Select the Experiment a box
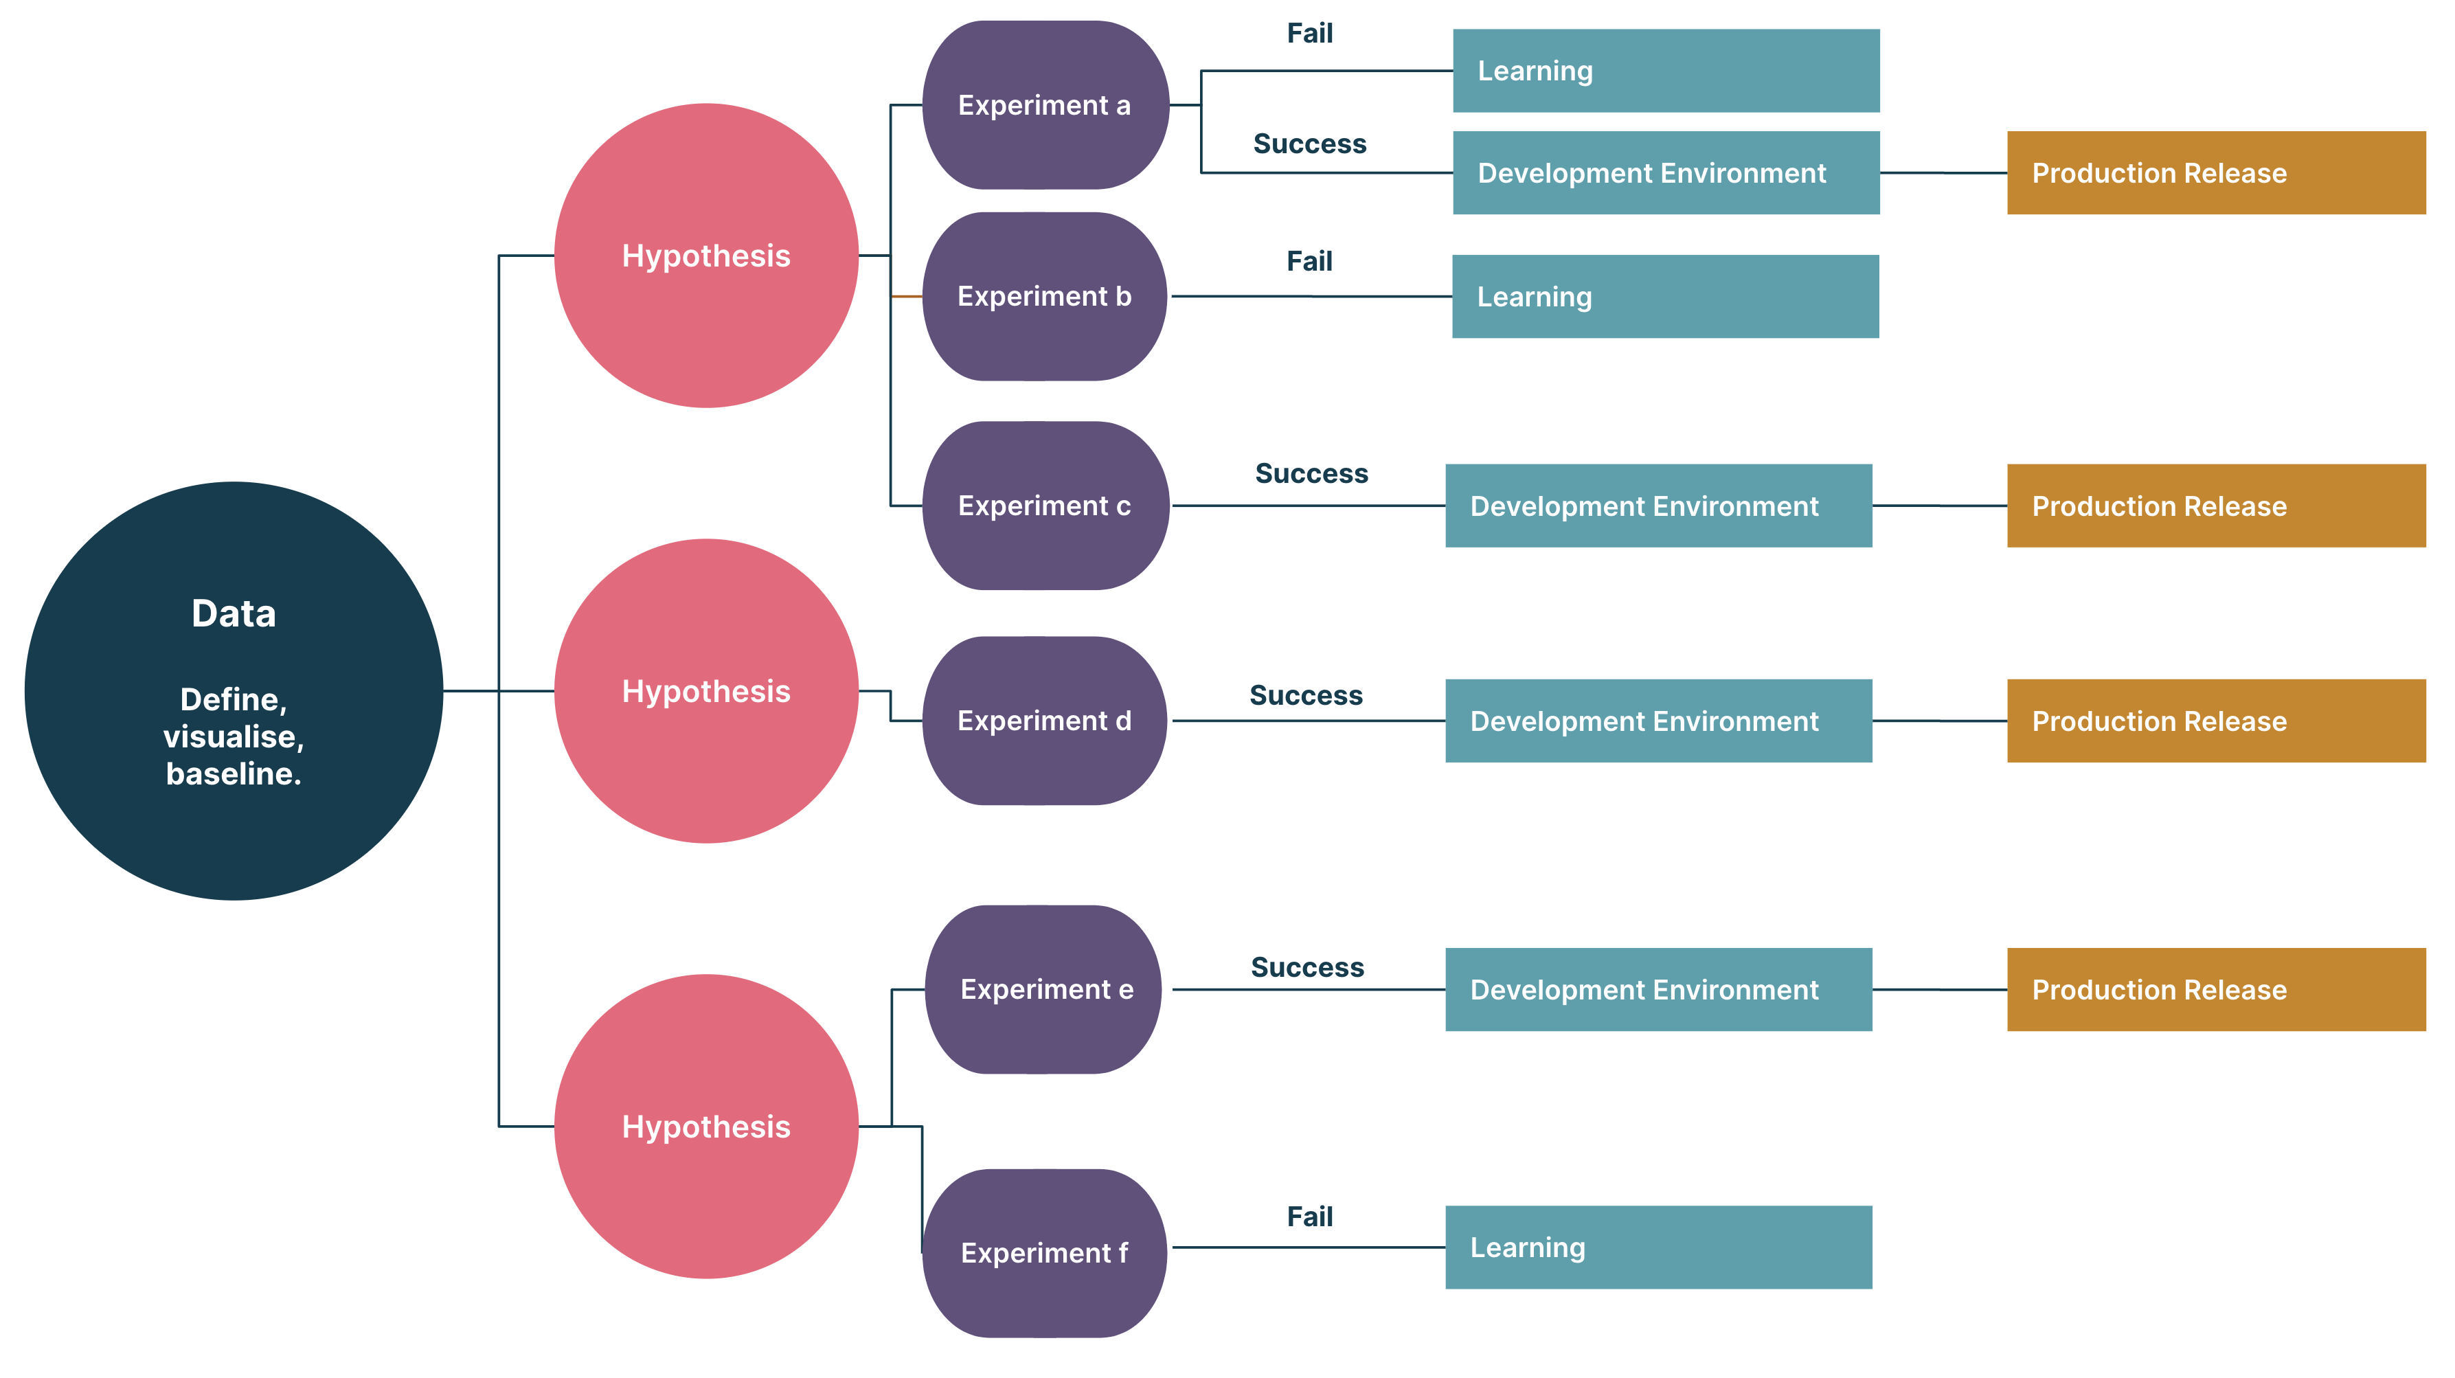click(x=1045, y=105)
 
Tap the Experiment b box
click(x=1045, y=296)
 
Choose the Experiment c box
click(x=1045, y=506)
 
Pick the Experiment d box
click(x=1045, y=721)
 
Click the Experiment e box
click(x=1045, y=989)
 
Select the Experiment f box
click(x=1045, y=1252)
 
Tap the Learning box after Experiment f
click(x=1658, y=1247)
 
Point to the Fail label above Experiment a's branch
click(x=1309, y=34)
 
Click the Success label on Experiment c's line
click(x=1311, y=473)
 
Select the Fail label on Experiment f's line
click(x=1309, y=1217)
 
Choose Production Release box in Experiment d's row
click(x=2216, y=721)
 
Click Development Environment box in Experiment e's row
click(x=1658, y=989)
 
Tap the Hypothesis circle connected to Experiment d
click(x=706, y=691)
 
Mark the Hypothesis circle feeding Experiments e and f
click(x=706, y=1127)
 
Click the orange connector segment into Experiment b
click(x=906, y=296)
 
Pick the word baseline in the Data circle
click(x=234, y=773)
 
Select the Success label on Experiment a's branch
click(x=1309, y=144)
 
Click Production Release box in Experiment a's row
click(x=2216, y=172)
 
